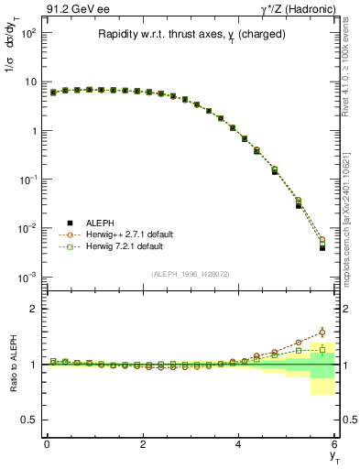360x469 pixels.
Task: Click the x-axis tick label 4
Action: pyautogui.click(x=239, y=445)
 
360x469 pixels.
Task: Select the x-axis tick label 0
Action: pyautogui.click(x=47, y=445)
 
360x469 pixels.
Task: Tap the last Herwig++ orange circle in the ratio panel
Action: pyautogui.click(x=322, y=332)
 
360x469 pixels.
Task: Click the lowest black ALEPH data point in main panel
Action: pyautogui.click(x=322, y=247)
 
